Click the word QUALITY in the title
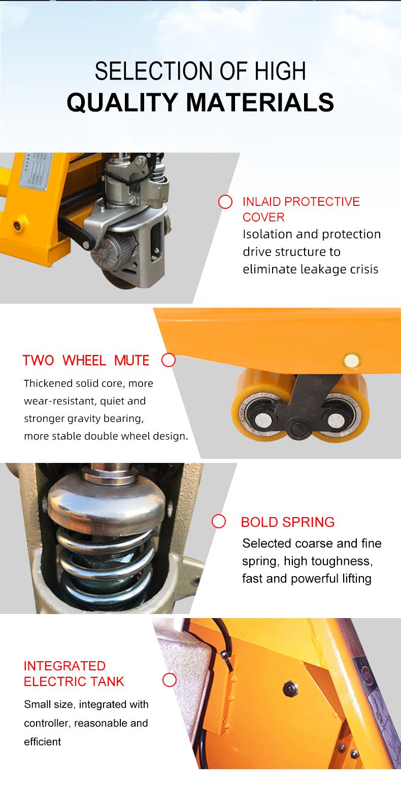click(x=122, y=102)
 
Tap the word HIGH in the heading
click(x=280, y=71)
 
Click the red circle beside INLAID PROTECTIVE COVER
click(x=225, y=202)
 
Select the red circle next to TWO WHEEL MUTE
click(x=169, y=360)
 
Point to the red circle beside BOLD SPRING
click(x=219, y=521)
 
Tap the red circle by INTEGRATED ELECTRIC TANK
click(x=170, y=680)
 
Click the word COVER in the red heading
click(x=263, y=218)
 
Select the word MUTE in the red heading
click(x=131, y=361)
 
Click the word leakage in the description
click(x=323, y=269)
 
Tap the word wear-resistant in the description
click(x=60, y=401)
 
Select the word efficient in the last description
click(x=43, y=742)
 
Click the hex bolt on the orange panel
click(x=290, y=689)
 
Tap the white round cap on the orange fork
click(x=352, y=361)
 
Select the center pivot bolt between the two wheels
click(x=298, y=429)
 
